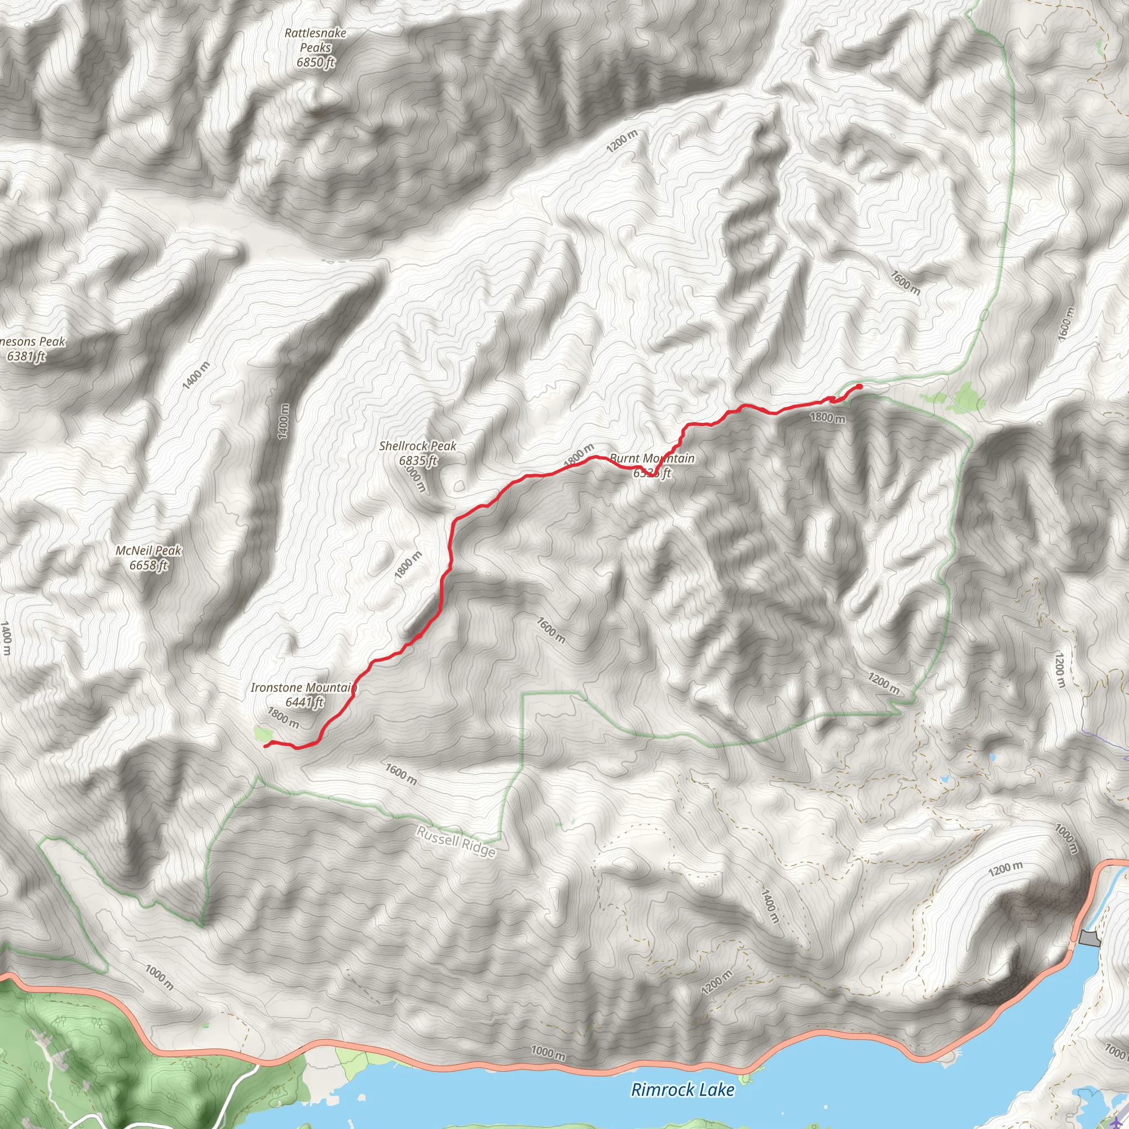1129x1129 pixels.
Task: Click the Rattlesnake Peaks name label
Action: [x=315, y=40]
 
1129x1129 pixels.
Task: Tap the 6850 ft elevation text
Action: [x=315, y=62]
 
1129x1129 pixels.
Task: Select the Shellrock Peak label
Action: [x=417, y=447]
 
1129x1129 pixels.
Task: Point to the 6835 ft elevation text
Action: [x=418, y=461]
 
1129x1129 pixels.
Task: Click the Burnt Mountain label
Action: [x=652, y=459]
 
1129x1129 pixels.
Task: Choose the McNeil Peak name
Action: [x=148, y=551]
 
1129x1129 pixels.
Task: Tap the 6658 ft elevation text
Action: [x=148, y=565]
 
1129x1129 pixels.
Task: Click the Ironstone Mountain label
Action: [x=303, y=688]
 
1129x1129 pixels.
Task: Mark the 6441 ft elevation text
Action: [x=304, y=702]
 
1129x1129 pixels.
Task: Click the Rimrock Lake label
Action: [x=682, y=1090]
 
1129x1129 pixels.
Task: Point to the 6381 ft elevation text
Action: [x=26, y=356]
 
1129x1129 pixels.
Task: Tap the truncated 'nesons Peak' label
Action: [x=33, y=342]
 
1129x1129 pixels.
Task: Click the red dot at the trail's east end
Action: [x=859, y=387]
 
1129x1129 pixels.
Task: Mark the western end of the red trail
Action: [x=266, y=746]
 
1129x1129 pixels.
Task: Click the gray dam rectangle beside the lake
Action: [x=1089, y=939]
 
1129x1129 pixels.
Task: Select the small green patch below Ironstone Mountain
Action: [x=263, y=733]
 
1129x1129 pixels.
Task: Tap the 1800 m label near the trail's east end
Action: [x=827, y=418]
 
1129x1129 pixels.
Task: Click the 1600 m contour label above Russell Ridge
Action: [x=401, y=775]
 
